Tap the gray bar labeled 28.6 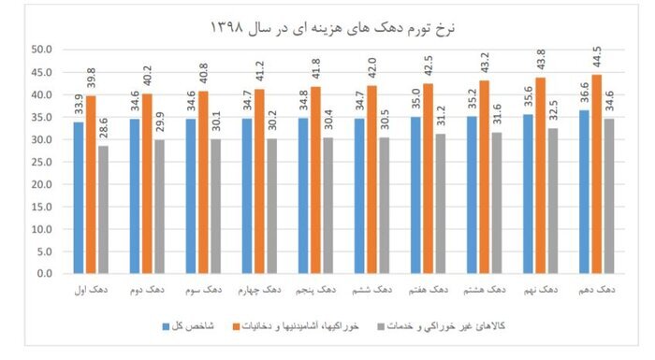[x=102, y=209]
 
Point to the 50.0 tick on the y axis [x=44, y=50]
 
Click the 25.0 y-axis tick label [x=44, y=162]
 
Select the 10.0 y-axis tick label [x=44, y=229]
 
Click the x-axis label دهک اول [x=90, y=290]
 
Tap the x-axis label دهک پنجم [x=315, y=290]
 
